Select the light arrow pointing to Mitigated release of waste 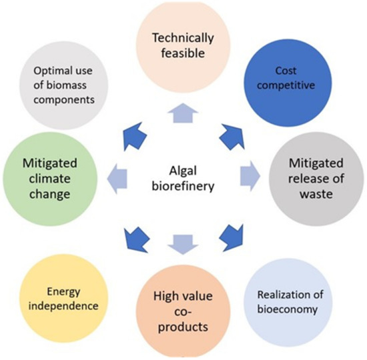click(x=252, y=173)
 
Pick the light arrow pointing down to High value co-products click(x=181, y=244)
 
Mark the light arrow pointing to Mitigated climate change click(x=115, y=173)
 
